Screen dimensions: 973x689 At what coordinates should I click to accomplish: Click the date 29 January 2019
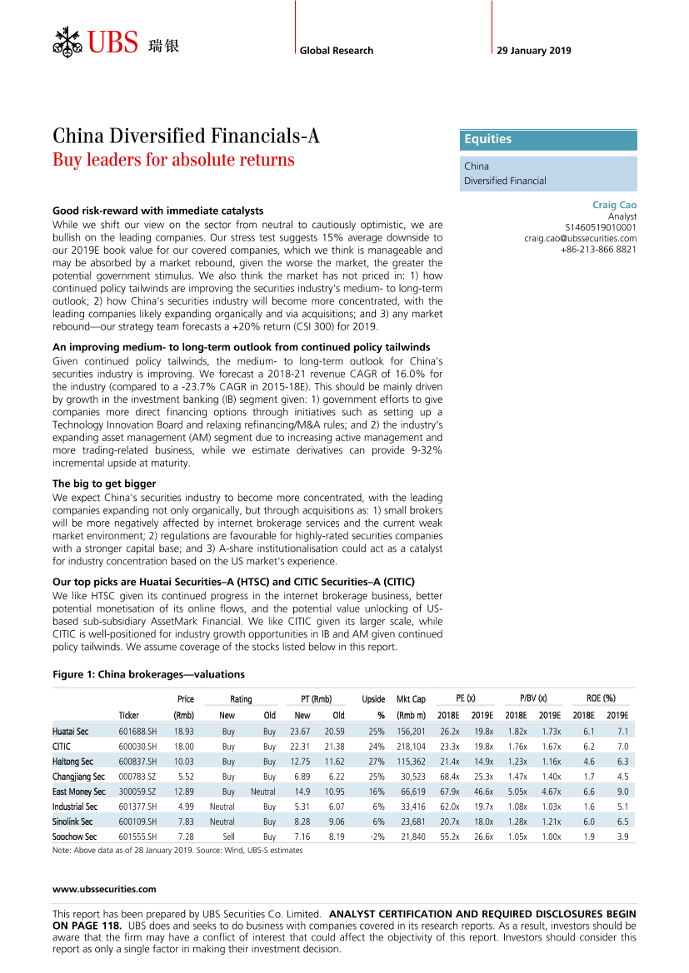coord(534,51)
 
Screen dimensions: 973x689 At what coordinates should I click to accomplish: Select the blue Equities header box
coord(548,140)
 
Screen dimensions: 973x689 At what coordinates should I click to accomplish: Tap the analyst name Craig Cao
coord(614,205)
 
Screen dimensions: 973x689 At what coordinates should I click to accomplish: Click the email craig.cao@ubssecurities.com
coord(580,238)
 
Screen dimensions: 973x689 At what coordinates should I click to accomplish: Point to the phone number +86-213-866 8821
coord(598,249)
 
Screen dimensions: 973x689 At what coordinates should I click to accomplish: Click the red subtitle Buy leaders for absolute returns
coord(173,160)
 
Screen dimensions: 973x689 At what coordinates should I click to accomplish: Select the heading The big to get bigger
coord(104,484)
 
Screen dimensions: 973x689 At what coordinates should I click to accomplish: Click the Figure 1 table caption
coord(148,674)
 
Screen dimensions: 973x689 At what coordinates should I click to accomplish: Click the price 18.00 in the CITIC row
coord(183,747)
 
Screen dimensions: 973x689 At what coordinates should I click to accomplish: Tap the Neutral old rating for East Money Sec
coord(262,792)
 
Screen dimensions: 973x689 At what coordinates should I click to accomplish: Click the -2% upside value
coord(375,836)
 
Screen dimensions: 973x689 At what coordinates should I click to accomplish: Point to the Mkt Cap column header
coord(411,699)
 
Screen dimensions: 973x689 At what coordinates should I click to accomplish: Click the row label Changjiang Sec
coord(78,777)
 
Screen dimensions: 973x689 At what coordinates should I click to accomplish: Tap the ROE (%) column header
coord(600,699)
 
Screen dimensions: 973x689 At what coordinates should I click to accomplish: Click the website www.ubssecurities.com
coord(104,889)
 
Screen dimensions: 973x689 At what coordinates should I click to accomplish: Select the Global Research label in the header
coord(337,51)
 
